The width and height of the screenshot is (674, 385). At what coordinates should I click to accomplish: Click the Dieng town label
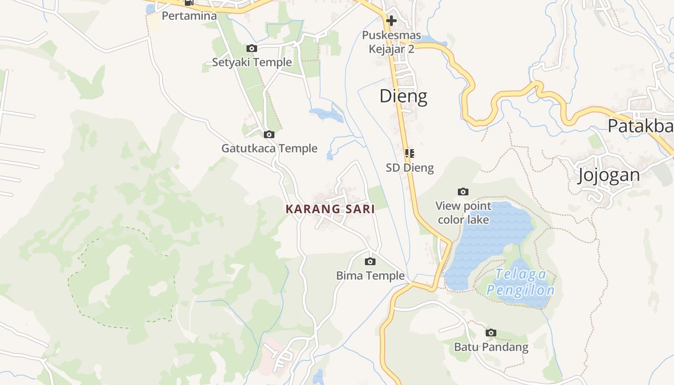pos(403,96)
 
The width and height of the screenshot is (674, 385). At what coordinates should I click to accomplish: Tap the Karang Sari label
pos(330,209)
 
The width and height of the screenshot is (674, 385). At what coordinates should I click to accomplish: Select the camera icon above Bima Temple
pos(370,261)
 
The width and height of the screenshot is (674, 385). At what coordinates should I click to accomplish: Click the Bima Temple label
pos(370,276)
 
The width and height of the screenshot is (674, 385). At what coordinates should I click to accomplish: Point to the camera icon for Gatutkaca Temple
pos(269,134)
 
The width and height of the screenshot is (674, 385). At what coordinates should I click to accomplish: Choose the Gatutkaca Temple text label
pos(269,148)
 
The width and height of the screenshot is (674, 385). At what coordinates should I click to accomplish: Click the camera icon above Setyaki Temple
pos(251,48)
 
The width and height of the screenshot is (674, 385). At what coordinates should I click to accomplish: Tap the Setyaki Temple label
pos(252,62)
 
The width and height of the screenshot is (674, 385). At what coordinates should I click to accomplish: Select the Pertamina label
pos(189,16)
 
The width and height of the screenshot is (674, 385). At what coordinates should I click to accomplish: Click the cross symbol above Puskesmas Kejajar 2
pos(391,21)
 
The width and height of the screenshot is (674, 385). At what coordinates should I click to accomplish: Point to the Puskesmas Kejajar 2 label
pos(391,42)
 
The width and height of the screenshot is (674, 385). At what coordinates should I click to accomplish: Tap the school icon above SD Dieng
pos(409,154)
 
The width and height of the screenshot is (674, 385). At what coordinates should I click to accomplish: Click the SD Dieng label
pos(410,168)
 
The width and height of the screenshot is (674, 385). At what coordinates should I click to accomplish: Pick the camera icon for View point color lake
pos(463,192)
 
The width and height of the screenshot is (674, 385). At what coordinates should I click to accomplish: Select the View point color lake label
pos(463,213)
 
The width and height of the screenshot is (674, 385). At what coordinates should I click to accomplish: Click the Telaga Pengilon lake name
pos(520,282)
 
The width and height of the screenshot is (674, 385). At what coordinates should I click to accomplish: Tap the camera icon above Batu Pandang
pos(491,333)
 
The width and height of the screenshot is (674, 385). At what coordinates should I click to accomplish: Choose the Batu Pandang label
pos(491,347)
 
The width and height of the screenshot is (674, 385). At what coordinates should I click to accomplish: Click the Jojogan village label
pos(609,175)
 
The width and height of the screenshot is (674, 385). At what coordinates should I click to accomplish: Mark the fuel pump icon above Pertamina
pos(189,2)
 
